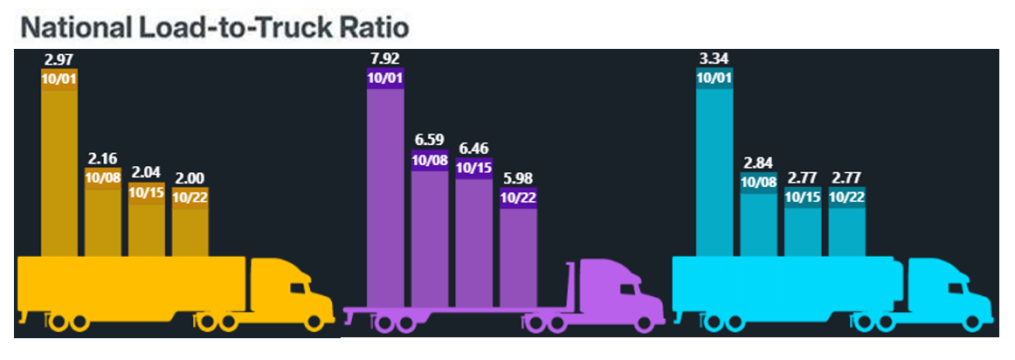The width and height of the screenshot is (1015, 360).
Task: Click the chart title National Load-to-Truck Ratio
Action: click(215, 27)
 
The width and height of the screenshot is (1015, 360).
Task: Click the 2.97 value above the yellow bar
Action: click(59, 59)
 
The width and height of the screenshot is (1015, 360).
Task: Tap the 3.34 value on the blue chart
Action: click(714, 59)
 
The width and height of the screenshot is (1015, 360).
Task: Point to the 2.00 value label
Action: click(190, 178)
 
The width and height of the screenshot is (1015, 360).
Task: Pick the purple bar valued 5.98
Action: click(518, 253)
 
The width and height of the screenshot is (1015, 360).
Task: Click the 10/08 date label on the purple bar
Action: click(429, 160)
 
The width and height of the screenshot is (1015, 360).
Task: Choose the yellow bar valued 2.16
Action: click(103, 218)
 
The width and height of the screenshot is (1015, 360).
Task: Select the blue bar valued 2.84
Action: click(758, 223)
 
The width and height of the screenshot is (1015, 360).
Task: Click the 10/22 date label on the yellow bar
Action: click(190, 197)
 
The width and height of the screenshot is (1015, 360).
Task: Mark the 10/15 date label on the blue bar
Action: click(802, 197)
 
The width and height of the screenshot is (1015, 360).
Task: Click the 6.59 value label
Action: click(429, 140)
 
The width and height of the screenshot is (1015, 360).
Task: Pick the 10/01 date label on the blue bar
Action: click(714, 77)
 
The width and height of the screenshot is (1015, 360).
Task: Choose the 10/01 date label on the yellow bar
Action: click(59, 77)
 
